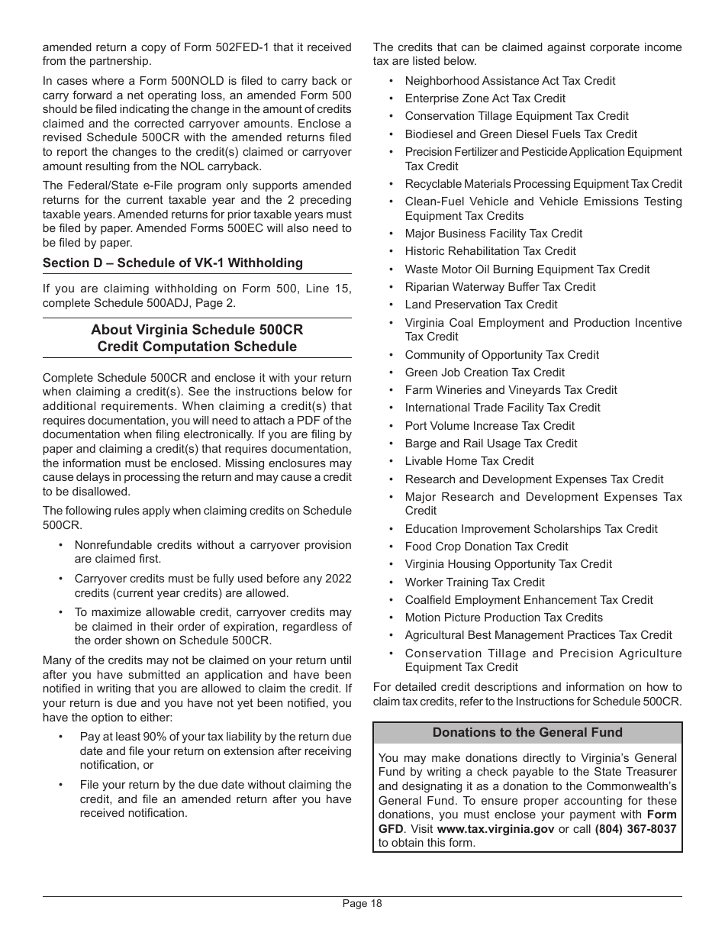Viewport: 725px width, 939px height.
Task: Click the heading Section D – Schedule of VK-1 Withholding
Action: coord(172,263)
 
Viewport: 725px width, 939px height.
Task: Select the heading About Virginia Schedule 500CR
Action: coord(197,331)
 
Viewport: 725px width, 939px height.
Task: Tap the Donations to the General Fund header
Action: coord(527,733)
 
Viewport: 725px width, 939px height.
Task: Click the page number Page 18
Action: coord(362,904)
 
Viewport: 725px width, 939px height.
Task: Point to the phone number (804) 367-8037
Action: coord(635,828)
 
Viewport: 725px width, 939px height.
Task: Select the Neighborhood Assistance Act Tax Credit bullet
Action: coord(510,81)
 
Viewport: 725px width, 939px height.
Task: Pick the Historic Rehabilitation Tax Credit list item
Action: coord(490,251)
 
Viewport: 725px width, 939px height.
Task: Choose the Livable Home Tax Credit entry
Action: coord(469,461)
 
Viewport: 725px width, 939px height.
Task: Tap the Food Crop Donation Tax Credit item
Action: coord(486,547)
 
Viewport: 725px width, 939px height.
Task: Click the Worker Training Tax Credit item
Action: coord(475,582)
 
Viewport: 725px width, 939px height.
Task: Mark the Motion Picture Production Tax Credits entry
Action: coord(504,618)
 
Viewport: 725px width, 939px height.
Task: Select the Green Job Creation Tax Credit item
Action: coord(485,373)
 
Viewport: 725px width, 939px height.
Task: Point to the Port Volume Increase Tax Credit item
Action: coord(489,426)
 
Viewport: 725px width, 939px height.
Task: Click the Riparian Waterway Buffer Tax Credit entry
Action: coord(500,287)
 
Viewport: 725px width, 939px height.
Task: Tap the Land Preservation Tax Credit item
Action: coord(481,305)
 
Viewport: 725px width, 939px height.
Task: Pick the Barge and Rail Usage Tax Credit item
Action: coord(491,444)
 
